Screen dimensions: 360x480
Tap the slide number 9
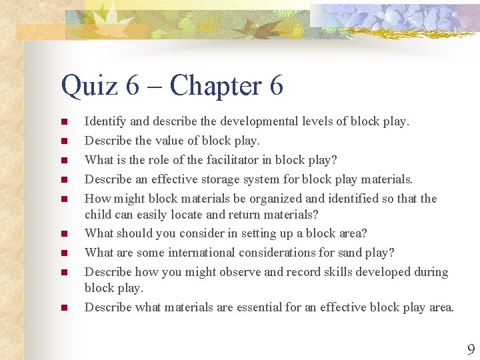471,349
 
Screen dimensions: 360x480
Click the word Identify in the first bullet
106,122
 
